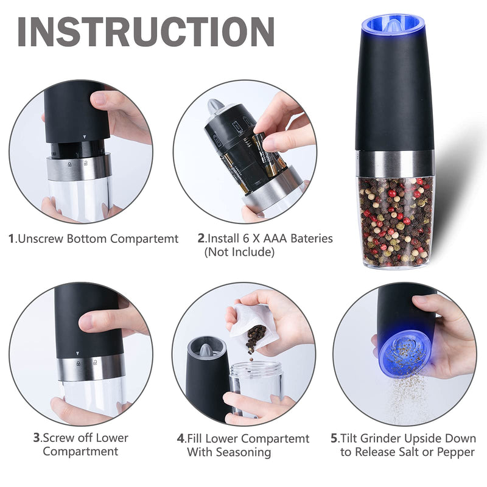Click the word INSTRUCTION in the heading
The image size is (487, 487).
pyautogui.click(x=145, y=32)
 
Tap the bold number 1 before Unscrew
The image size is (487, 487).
pyautogui.click(x=11, y=239)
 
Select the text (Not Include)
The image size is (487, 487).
pyautogui.click(x=239, y=251)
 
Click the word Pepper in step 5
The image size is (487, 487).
pyautogui.click(x=455, y=452)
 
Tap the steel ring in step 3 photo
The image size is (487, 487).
pyautogui.click(x=91, y=367)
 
